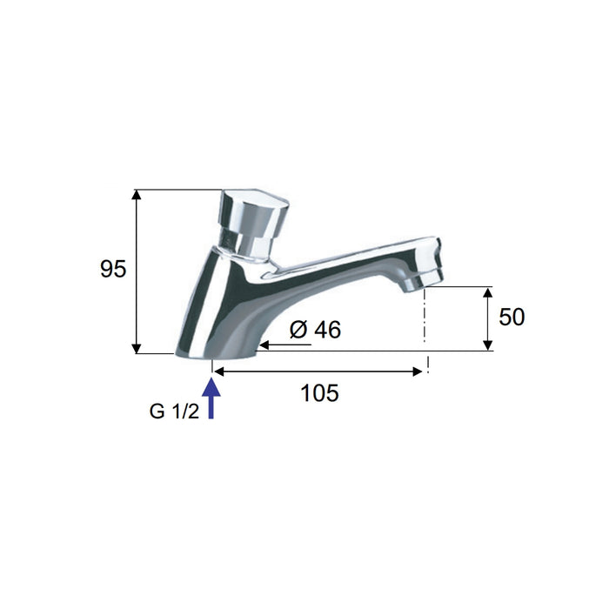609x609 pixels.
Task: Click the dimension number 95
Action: click(x=113, y=269)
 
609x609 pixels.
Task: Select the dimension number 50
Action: click(x=512, y=317)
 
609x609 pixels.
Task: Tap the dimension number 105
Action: click(x=319, y=393)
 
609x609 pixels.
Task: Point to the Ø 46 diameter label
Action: click(x=315, y=330)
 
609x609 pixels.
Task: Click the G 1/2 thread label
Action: click(x=174, y=412)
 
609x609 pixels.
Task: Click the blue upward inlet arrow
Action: click(x=211, y=398)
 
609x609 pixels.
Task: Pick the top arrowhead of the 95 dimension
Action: click(x=136, y=194)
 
